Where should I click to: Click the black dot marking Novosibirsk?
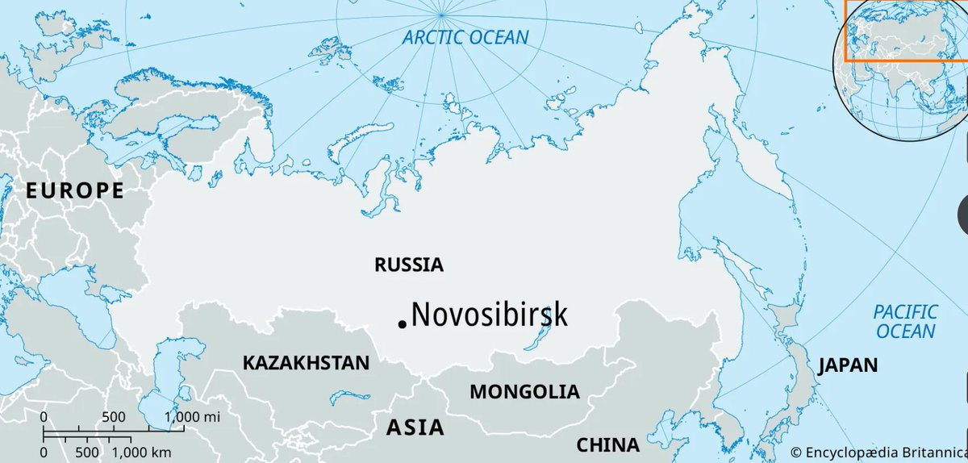coord(402,324)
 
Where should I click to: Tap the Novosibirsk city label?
coord(489,315)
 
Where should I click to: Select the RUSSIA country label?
coord(409,265)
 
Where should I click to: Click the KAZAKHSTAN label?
coord(306,363)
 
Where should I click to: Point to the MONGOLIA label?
coord(524,392)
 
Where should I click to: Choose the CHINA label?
coord(607,444)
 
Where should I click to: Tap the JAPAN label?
coord(847,365)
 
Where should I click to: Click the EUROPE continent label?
coord(75,191)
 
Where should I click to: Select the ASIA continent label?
coord(415,427)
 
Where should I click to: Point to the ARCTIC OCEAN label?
coord(466,37)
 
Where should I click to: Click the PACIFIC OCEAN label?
coord(906,321)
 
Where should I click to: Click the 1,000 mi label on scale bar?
coord(192,417)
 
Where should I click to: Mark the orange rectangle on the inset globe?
coord(905,31)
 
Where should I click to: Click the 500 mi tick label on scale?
coord(114,417)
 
